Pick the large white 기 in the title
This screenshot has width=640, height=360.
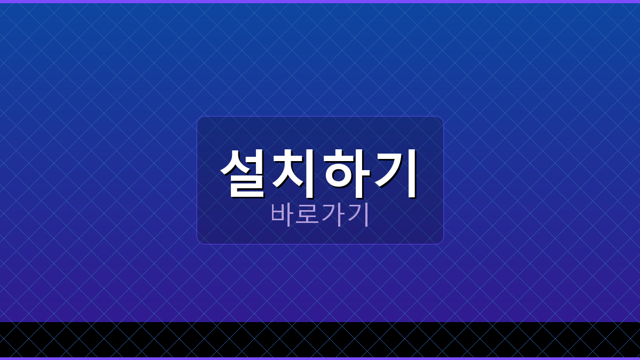pos(395,172)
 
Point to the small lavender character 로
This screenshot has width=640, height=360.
pos(307,214)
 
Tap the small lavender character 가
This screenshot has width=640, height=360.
pos(332,214)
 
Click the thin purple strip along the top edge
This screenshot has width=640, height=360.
pos(320,2)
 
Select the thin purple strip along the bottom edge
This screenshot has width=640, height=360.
pos(320,358)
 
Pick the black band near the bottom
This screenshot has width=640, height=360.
pos(320,339)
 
